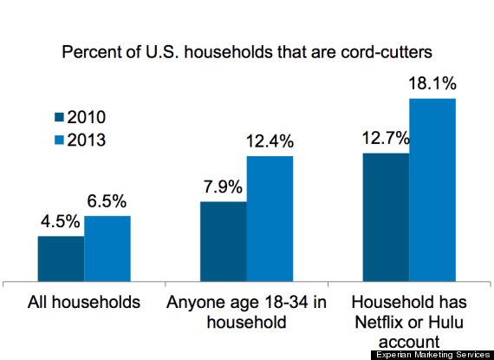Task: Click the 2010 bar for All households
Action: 61,258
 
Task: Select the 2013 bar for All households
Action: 107,248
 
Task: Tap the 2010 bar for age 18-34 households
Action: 223,241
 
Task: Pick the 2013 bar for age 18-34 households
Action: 270,219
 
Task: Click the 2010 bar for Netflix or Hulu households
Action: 386,217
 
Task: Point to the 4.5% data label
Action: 60,223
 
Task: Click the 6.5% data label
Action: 107,203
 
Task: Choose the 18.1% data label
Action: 432,85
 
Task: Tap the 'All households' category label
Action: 84,303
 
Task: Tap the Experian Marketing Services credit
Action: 432,354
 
